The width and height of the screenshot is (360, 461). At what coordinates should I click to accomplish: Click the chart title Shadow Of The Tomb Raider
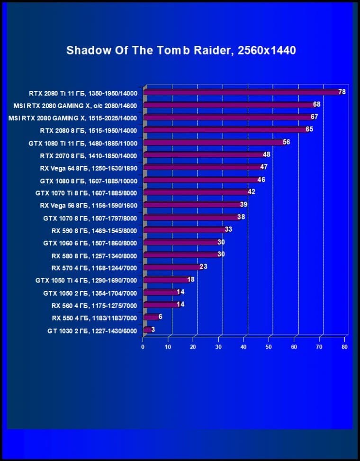pyautogui.click(x=181, y=50)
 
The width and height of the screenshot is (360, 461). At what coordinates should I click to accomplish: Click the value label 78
pyautogui.click(x=342, y=92)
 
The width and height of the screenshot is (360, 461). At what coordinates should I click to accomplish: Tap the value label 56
pyautogui.click(x=286, y=142)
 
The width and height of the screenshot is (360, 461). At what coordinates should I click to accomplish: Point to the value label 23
pyautogui.click(x=204, y=267)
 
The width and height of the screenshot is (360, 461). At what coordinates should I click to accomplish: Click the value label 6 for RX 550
pyautogui.click(x=161, y=317)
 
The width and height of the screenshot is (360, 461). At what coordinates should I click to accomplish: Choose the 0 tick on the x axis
pyautogui.click(x=143, y=347)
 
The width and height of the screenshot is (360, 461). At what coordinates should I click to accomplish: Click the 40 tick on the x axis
pyautogui.click(x=243, y=347)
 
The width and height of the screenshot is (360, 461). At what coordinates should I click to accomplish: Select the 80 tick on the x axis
pyautogui.click(x=344, y=347)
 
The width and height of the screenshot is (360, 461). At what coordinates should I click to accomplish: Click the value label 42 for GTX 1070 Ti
pyautogui.click(x=251, y=192)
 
